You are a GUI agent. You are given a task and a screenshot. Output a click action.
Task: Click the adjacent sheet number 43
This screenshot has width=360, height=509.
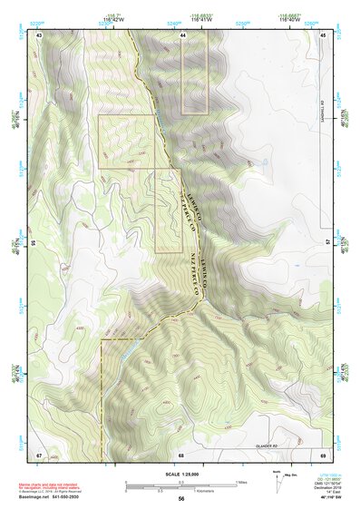[x=39, y=34]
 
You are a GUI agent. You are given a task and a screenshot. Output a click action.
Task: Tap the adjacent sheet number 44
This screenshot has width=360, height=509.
[x=182, y=34]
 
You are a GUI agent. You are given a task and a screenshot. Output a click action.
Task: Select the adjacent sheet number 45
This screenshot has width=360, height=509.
[x=324, y=34]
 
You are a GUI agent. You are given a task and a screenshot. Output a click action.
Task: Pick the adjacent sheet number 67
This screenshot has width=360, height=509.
[x=39, y=453]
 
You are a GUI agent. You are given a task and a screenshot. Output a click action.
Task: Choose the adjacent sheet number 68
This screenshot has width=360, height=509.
[x=181, y=453]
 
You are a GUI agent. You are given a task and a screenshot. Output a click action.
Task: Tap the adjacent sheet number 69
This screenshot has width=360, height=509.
[x=324, y=453]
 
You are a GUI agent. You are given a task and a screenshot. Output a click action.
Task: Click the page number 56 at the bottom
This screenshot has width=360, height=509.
[x=181, y=499]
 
